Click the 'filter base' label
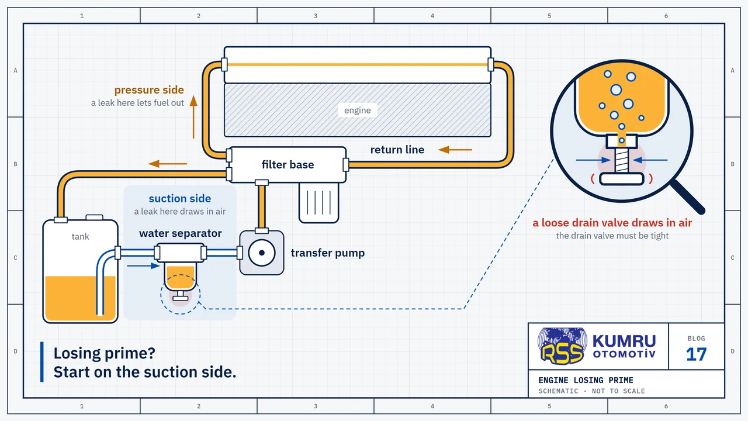click(288, 164)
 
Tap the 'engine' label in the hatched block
click(357, 111)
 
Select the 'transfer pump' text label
click(328, 253)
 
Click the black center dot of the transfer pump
click(262, 253)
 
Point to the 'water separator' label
click(181, 233)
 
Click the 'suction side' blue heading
click(179, 198)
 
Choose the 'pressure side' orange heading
click(149, 90)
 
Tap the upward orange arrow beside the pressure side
click(193, 117)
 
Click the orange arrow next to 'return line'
click(455, 150)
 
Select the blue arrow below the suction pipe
click(143, 266)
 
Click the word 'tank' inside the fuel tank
click(80, 237)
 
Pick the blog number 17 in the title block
click(696, 354)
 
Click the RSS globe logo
click(562, 346)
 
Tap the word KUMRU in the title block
click(624, 341)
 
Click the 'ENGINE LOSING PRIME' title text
click(586, 380)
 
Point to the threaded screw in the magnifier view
click(621, 160)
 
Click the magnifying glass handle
click(687, 196)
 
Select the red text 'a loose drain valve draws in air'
click(612, 223)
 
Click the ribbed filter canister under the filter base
click(318, 202)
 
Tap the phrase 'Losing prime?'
click(104, 353)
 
